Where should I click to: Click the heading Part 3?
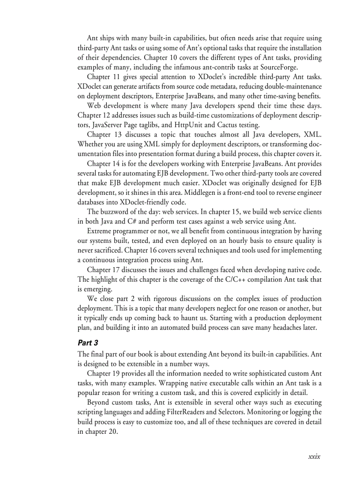88,342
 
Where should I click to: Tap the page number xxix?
314,456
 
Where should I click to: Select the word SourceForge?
278,67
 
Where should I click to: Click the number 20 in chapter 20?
112,432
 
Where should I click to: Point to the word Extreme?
100,231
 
